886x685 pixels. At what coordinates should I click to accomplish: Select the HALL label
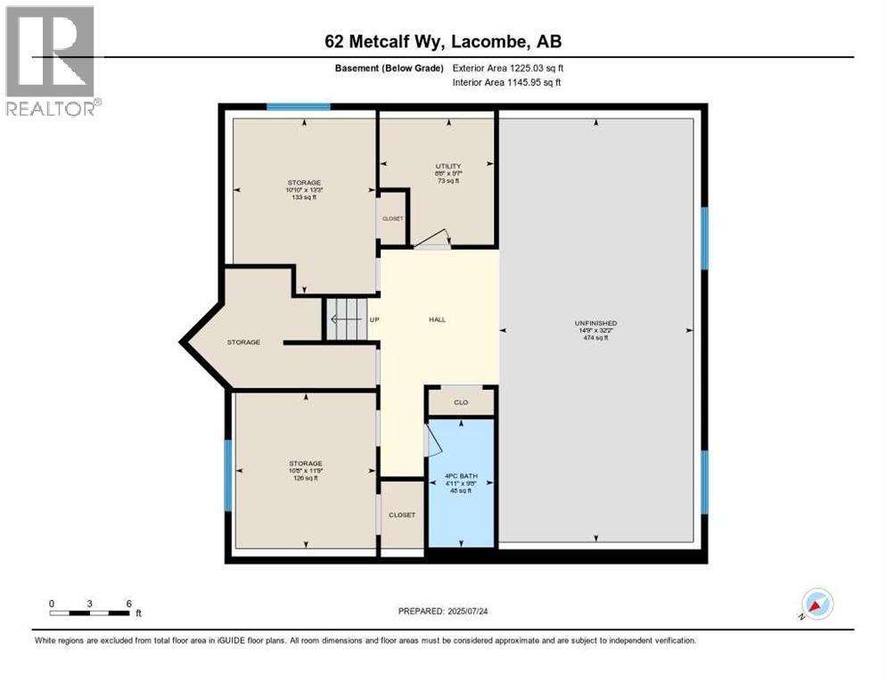pos(437,319)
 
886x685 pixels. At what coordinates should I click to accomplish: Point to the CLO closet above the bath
pos(461,402)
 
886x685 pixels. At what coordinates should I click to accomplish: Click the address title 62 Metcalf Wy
pos(442,42)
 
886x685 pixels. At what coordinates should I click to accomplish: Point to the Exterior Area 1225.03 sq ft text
pos(507,68)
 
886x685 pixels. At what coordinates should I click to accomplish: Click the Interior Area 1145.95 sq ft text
pos(507,83)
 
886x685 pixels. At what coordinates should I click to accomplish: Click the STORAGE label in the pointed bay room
pos(243,342)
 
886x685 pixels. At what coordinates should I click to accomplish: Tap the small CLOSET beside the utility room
pos(393,218)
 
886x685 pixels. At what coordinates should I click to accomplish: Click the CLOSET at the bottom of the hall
pos(401,515)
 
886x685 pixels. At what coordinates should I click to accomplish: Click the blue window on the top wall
pos(299,107)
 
